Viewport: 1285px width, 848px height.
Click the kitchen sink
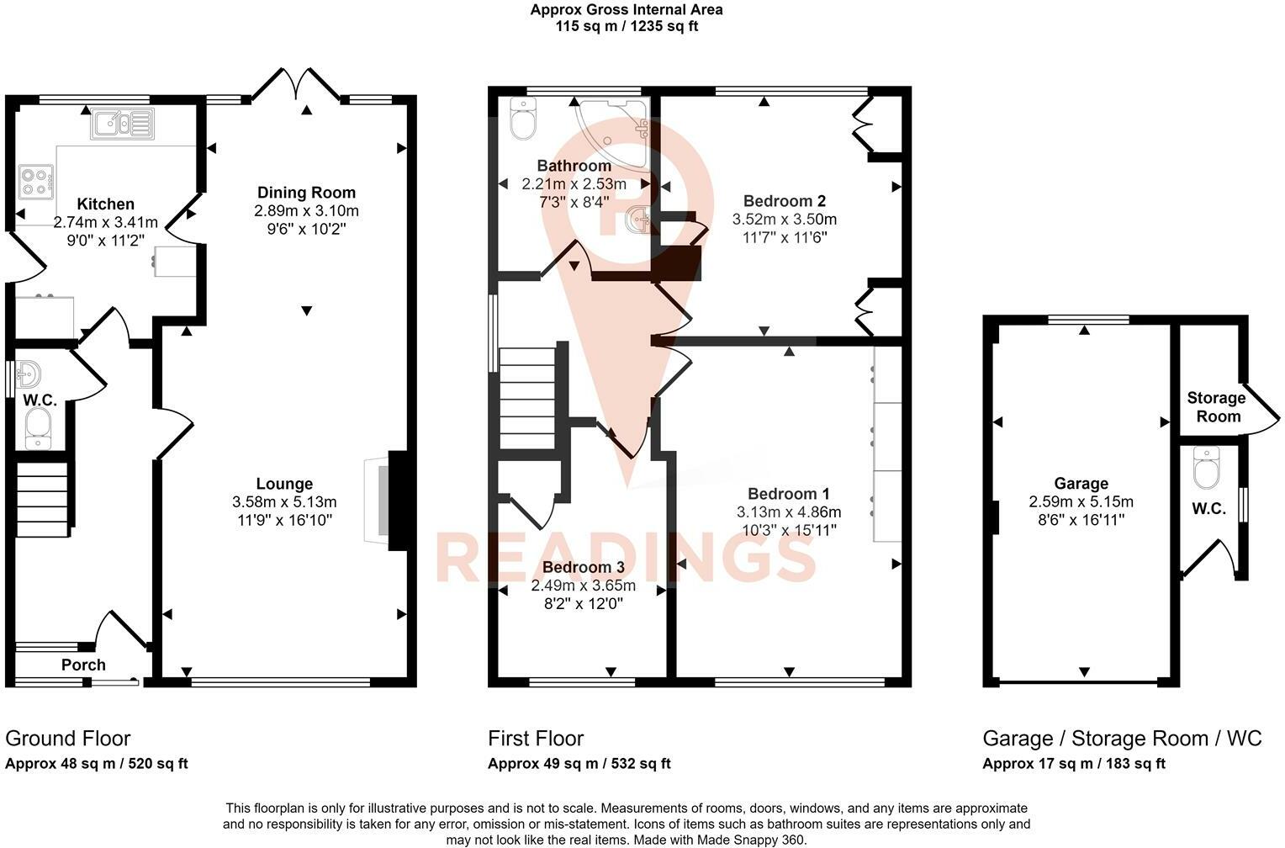(122, 124)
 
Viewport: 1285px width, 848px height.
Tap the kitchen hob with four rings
(36, 182)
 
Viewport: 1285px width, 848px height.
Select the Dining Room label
(306, 193)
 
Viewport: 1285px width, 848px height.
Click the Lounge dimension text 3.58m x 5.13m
(284, 502)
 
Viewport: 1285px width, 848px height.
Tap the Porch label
(84, 665)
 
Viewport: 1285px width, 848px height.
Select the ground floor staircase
(43, 499)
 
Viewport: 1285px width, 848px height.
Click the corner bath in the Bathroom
(613, 135)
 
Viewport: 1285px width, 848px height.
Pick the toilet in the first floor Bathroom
(522, 119)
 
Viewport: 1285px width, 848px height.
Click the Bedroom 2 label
(784, 201)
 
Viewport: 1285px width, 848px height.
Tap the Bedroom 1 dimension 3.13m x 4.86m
(789, 511)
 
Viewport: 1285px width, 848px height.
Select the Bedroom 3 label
(584, 568)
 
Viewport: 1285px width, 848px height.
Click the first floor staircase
(528, 398)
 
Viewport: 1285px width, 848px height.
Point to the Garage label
(1081, 485)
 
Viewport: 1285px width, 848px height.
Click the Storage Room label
(1216, 407)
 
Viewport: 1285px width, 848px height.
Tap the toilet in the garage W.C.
(1207, 468)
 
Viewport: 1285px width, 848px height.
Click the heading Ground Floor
(67, 739)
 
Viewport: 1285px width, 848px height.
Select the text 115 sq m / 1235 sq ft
(627, 26)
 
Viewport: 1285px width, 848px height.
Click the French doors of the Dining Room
(297, 86)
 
